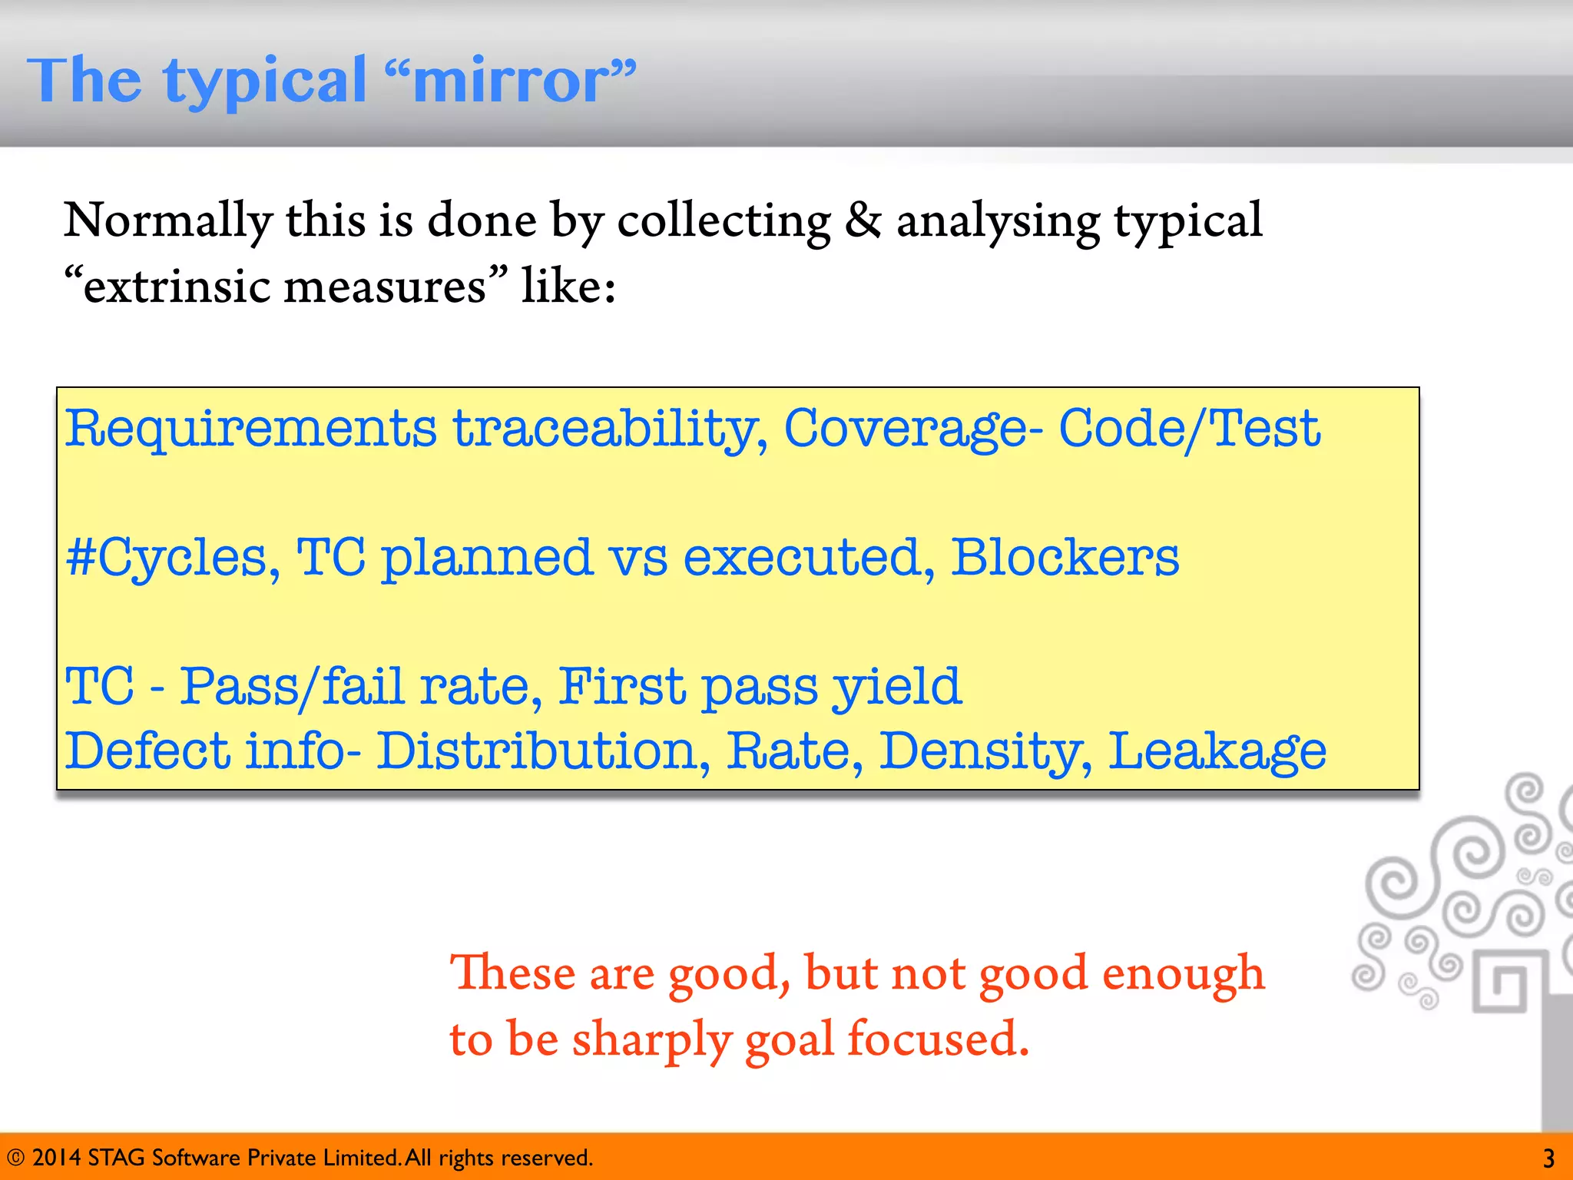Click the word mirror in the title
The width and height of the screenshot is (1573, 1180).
coord(512,81)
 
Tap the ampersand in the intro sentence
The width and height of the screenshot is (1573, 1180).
coord(863,220)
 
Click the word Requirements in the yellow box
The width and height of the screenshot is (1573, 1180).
coord(250,429)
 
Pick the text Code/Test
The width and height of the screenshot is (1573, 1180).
coord(1189,429)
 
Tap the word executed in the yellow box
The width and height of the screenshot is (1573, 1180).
coord(808,557)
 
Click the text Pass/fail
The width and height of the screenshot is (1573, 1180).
coord(292,686)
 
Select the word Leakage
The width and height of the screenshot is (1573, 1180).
coord(1217,751)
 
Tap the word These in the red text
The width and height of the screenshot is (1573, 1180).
coord(512,973)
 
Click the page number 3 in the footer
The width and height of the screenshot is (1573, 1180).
coord(1548,1158)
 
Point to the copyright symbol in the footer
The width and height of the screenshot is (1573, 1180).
coord(15,1158)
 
